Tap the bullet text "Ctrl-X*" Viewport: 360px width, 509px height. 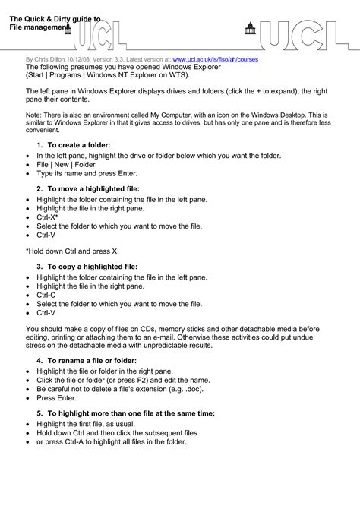click(x=48, y=217)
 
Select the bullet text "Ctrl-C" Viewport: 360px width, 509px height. click(x=46, y=295)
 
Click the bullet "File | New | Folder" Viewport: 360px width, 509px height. click(x=66, y=164)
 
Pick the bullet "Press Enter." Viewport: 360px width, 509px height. click(x=56, y=397)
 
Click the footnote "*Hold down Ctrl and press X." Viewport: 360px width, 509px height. click(x=72, y=250)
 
